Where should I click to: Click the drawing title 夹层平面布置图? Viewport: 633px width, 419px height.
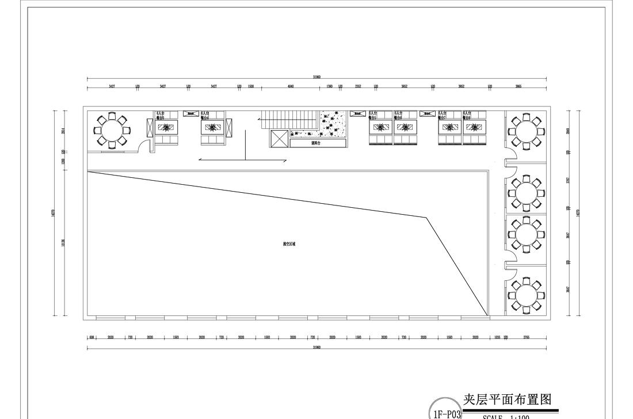pyautogui.click(x=508, y=399)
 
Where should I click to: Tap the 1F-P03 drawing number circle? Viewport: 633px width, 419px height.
pyautogui.click(x=445, y=412)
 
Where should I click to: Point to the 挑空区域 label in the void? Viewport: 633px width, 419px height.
pyautogui.click(x=289, y=244)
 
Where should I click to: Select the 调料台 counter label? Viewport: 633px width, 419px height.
pyautogui.click(x=315, y=143)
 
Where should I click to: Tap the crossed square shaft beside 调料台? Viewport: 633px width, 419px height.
pyautogui.click(x=279, y=139)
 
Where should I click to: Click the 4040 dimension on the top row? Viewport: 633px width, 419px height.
pyautogui.click(x=291, y=86)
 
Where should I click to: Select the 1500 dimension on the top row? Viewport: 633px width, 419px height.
pyautogui.click(x=251, y=86)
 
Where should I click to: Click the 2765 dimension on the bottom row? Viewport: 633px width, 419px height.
pyautogui.click(x=527, y=338)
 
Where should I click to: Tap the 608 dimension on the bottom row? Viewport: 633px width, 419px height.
pyautogui.click(x=93, y=338)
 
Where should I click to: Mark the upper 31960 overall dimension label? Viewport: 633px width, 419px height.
pyautogui.click(x=316, y=77)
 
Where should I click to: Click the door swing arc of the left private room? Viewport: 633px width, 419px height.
pyautogui.click(x=151, y=145)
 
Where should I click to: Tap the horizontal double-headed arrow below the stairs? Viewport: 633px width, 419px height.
pyautogui.click(x=242, y=161)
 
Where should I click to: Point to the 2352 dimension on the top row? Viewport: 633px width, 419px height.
pyautogui.click(x=358, y=86)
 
